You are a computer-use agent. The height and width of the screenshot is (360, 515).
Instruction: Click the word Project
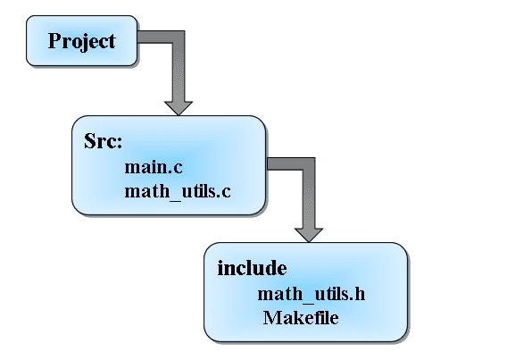81,42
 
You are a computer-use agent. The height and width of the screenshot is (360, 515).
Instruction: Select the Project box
81,40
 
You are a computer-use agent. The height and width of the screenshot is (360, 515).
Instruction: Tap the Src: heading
103,141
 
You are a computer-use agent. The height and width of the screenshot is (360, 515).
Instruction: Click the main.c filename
154,167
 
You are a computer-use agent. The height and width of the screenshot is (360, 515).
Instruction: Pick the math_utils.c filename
178,191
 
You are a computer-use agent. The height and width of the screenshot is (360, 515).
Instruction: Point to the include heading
252,268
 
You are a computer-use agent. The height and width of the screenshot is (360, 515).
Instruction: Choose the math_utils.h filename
311,294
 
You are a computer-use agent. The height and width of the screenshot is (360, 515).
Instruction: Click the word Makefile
301,318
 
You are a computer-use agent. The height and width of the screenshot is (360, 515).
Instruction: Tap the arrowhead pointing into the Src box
179,108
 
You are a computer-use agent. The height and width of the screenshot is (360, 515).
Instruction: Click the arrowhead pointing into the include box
309,235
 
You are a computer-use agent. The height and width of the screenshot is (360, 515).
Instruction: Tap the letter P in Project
54,40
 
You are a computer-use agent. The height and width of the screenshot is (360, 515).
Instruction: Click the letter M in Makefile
271,318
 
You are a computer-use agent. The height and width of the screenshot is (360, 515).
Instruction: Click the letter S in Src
90,141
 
